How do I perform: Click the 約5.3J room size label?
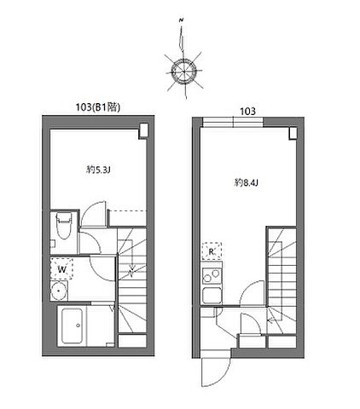point(98,170)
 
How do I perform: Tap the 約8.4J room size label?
point(247,182)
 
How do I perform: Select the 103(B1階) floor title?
point(98,107)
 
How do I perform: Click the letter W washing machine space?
point(61,269)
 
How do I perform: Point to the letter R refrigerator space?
point(212,251)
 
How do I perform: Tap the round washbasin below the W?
point(59,291)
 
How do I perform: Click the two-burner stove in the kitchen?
point(212,274)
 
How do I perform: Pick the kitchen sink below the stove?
point(212,296)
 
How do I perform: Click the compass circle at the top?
point(184,71)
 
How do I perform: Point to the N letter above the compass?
point(181,20)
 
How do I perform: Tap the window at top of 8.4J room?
point(233,122)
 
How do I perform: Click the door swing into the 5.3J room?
point(93,214)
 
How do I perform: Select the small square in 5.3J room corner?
point(143,131)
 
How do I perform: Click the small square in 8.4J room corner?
point(293,133)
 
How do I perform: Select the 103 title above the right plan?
point(248,112)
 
